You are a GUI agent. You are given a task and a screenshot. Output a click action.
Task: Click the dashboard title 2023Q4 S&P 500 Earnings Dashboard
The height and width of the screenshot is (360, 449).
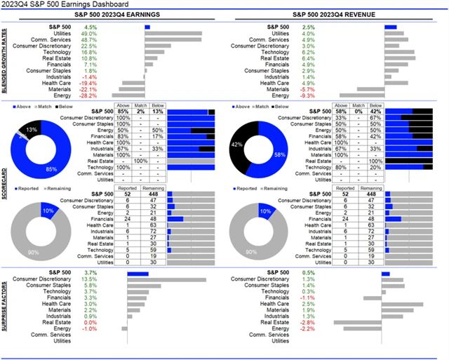point(64,4)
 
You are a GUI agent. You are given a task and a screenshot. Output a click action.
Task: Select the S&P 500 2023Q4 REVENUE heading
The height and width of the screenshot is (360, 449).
point(333,15)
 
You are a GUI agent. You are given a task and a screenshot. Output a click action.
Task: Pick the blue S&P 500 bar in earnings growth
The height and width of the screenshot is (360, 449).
point(147,27)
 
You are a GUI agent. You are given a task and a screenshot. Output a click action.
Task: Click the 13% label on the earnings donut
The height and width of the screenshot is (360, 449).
point(32,130)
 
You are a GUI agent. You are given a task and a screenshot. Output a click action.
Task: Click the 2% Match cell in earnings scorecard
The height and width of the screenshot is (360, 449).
point(140,112)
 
